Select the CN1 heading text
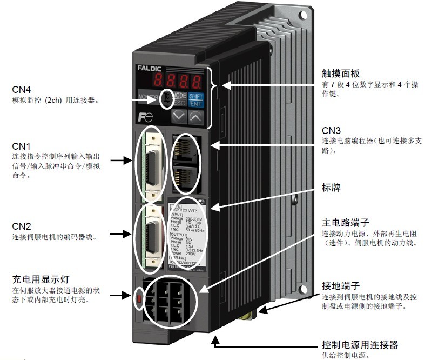point(21,146)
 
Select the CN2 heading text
point(21,225)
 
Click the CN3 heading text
point(331,131)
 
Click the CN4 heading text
point(21,89)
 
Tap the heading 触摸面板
point(341,74)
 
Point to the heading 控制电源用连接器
point(360,344)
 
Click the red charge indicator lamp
point(139,297)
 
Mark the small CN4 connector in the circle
point(167,98)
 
